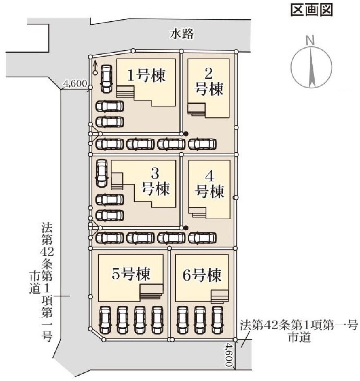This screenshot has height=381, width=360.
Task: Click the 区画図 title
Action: (311, 11)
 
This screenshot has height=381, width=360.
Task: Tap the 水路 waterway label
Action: (181, 34)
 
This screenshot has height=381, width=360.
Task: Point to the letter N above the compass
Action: (311, 40)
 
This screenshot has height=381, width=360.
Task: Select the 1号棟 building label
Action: (146, 76)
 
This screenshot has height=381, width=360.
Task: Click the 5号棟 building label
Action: (131, 274)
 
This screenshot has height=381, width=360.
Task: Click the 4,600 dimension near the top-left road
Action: (75, 84)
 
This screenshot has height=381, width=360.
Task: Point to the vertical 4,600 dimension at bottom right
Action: (228, 355)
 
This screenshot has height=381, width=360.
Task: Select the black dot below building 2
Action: (186, 134)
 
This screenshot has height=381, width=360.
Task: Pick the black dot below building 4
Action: (186, 228)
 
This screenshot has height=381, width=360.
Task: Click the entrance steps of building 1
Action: (125, 91)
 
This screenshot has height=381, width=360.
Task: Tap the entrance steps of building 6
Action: (220, 296)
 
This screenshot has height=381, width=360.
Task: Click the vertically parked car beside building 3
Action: (101, 173)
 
